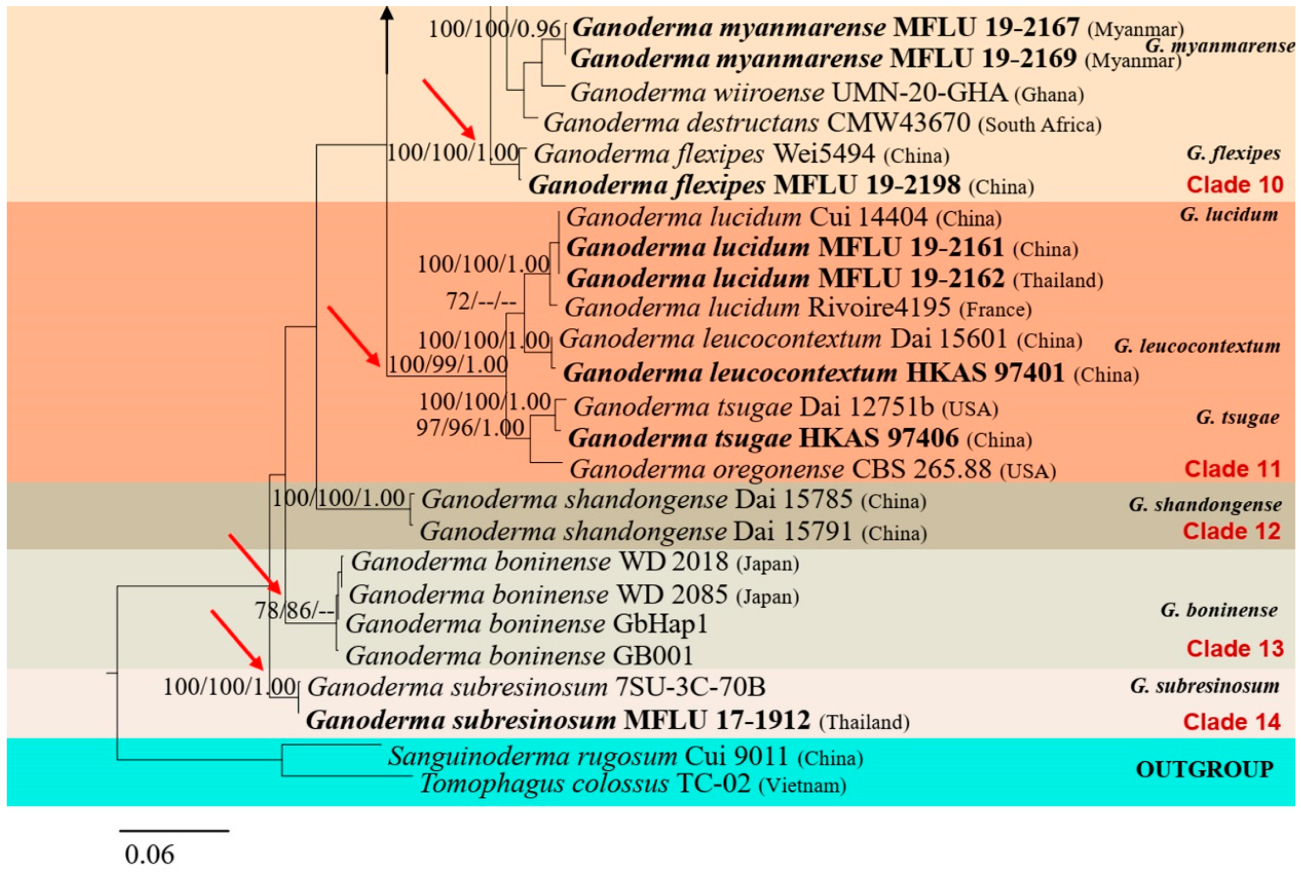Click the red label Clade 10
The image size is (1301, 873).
(1234, 185)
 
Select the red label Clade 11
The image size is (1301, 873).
(1232, 469)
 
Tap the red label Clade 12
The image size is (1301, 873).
(1231, 531)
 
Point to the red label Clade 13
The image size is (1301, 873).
(1234, 649)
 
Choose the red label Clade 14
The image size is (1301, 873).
(1231, 722)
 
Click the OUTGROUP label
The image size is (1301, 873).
(1204, 769)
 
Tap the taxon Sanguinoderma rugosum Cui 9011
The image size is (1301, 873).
(625, 756)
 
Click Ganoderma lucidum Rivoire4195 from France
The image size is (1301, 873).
(798, 308)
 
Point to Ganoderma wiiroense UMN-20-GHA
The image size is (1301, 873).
(826, 93)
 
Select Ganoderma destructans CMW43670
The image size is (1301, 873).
(822, 123)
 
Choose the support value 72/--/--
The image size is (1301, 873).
(481, 302)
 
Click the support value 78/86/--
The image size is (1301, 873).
(295, 610)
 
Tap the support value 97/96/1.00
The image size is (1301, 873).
(470, 428)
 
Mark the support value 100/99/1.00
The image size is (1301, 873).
(448, 365)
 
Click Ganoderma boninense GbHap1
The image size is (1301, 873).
(526, 623)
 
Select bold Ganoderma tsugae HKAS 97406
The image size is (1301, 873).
(800, 439)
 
